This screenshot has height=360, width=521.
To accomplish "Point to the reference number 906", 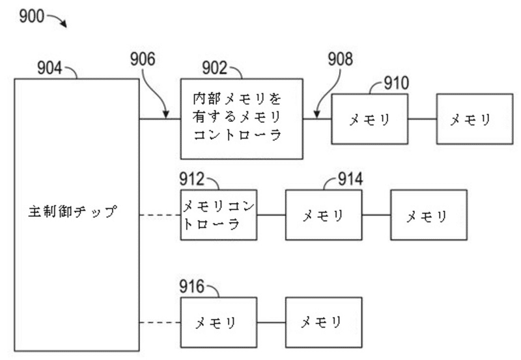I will [x=143, y=60].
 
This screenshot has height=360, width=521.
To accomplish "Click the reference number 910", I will [x=396, y=83].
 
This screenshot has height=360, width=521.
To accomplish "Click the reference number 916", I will [x=193, y=286].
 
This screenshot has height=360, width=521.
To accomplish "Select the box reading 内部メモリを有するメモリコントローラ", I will [x=242, y=118].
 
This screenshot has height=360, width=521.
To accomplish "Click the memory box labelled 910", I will [x=369, y=119].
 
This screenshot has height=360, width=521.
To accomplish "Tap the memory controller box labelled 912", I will [x=218, y=214].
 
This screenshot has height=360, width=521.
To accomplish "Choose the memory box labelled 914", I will [x=324, y=215].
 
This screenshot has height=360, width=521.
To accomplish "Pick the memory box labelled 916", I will [x=218, y=322].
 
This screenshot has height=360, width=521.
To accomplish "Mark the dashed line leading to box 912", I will [x=160, y=214].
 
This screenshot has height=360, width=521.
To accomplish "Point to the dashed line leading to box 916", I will [x=160, y=322].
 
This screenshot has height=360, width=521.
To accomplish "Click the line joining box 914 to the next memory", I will [x=376, y=215].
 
